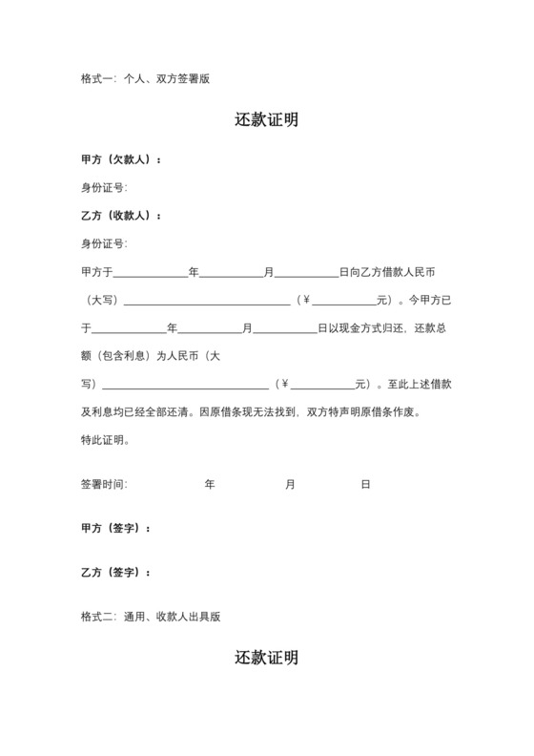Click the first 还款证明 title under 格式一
click(266, 120)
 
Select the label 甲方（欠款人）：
click(121, 159)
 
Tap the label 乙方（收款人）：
click(121, 216)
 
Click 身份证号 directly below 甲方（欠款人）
click(104, 187)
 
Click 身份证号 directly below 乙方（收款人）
click(104, 243)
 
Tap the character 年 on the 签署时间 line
click(210, 485)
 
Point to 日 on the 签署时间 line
click(365, 485)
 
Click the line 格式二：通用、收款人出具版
click(151, 617)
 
